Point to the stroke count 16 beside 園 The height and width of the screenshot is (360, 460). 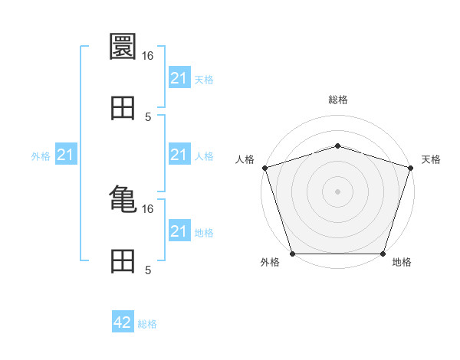tap(148, 55)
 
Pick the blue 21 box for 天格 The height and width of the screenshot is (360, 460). tap(179, 78)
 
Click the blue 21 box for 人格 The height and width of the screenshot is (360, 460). tap(179, 155)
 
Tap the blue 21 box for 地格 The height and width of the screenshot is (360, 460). tap(179, 231)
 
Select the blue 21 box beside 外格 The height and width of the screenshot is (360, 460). tap(66, 155)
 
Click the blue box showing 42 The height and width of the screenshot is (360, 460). tap(123, 322)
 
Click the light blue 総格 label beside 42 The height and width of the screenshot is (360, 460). tap(147, 324)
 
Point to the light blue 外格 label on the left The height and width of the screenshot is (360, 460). tap(41, 156)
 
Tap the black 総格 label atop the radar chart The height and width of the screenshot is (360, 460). tap(338, 100)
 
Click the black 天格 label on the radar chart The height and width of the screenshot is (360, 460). tap(431, 159)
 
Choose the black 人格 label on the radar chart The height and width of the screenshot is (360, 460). tap(245, 159)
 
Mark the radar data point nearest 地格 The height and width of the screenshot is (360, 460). tap(383, 254)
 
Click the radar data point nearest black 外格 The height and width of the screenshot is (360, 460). tap(292, 254)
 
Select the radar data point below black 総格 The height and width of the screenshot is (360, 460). tap(338, 146)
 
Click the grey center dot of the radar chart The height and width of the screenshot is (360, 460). tap(338, 191)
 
